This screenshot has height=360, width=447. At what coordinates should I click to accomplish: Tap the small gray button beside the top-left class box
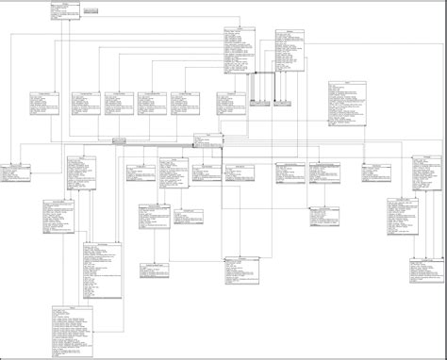92,10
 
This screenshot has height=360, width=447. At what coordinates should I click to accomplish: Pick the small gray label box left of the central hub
119,139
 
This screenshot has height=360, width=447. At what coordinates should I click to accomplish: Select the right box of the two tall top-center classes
290,51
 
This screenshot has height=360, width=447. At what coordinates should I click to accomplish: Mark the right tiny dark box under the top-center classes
283,101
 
